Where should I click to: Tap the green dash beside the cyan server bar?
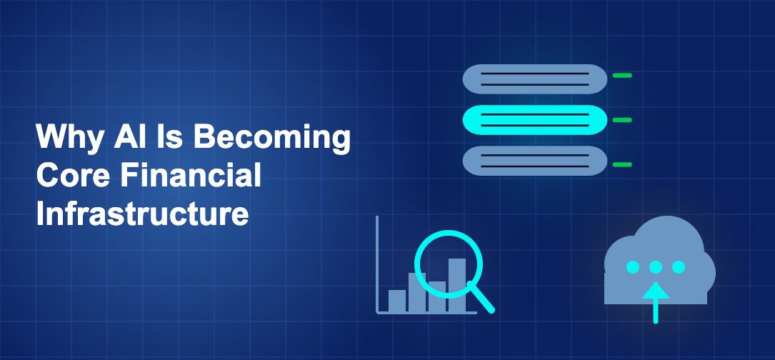(622, 120)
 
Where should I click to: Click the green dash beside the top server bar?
(622, 75)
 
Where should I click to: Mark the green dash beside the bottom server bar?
(622, 164)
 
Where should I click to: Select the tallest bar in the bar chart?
(457, 282)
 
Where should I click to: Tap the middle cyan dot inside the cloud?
(655, 267)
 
